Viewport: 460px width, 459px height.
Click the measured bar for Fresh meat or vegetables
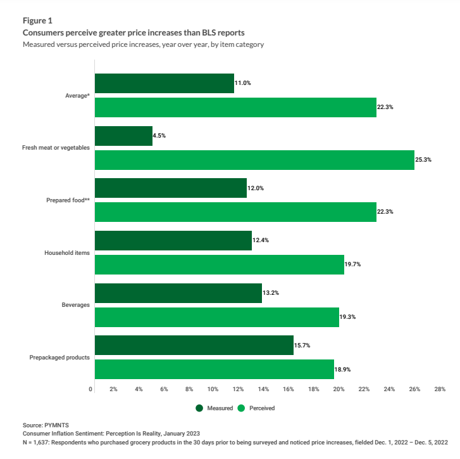pos(123,136)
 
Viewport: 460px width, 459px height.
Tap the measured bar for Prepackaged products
pos(194,346)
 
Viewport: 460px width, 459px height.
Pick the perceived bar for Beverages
pos(216,316)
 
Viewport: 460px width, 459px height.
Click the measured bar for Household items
pos(173,241)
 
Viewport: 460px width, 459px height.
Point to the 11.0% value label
pos(243,83)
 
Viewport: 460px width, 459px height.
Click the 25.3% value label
pos(423,160)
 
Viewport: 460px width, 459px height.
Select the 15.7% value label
pos(302,346)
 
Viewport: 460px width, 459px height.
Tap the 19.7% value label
pos(353,264)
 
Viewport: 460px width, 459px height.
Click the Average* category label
pos(77,95)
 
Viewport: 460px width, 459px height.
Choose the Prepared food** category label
pos(68,200)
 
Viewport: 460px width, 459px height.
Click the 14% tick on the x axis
pos(263,389)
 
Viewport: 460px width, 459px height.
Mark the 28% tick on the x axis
pos(439,389)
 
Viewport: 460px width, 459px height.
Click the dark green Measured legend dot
pos(199,408)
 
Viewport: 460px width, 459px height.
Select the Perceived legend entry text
pos(263,408)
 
